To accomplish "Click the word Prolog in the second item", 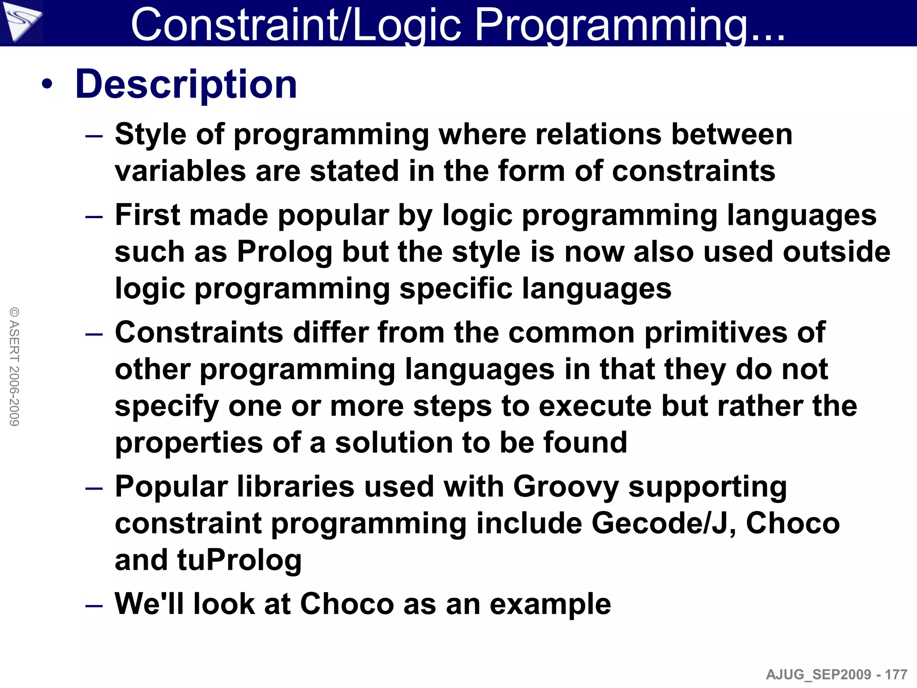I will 284,252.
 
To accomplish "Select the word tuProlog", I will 240,560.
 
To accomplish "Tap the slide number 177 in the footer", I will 896,675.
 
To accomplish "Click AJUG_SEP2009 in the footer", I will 819,675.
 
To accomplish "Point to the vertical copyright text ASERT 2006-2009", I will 14,366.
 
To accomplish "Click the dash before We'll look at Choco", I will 94,606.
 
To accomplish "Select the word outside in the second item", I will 836,252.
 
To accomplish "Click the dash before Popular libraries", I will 94,488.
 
